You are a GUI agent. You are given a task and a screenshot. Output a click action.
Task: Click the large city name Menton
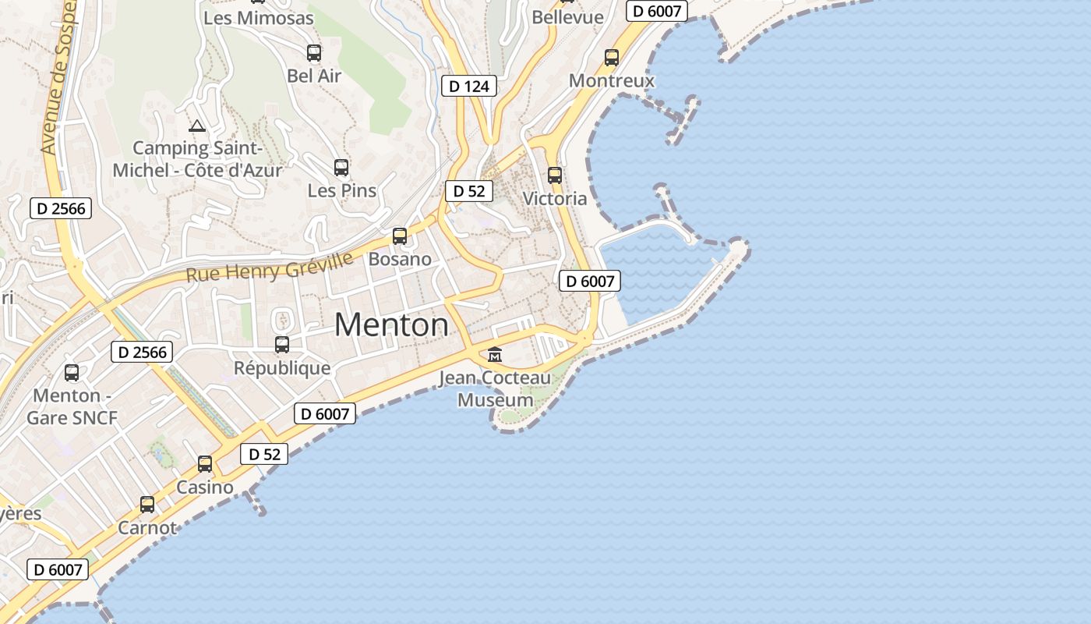pos(391,324)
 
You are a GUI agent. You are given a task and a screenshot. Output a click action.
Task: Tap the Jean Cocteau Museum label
pos(495,389)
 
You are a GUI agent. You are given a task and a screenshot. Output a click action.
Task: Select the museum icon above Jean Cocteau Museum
pos(495,355)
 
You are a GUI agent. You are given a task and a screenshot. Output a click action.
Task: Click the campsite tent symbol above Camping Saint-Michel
pos(197,126)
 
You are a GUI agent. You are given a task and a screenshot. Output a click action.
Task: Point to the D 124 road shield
pos(469,86)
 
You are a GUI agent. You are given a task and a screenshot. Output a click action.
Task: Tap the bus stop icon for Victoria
pos(555,175)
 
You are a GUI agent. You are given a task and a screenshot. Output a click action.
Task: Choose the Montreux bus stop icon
pos(612,58)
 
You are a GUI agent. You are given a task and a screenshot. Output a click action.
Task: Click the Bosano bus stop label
pos(400,259)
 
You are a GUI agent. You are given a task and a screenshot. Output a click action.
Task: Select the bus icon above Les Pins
pos(341,168)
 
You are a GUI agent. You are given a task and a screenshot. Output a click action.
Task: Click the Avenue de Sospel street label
pos(59,78)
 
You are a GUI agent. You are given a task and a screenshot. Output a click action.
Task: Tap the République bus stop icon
pos(282,345)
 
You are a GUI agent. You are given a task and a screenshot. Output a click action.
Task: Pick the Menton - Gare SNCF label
pos(72,406)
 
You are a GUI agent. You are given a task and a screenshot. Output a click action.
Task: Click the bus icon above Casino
pos(205,464)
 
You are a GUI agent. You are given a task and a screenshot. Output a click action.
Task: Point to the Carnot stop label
pos(147,528)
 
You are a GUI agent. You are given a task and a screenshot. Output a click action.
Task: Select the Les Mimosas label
pos(258,17)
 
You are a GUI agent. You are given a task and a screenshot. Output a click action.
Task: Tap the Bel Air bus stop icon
pos(314,53)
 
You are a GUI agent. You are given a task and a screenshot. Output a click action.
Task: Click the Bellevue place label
pos(567,17)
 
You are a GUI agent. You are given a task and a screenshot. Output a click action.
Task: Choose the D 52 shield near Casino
pos(264,454)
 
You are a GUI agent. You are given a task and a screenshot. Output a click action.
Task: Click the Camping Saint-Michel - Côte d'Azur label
pos(197,158)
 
